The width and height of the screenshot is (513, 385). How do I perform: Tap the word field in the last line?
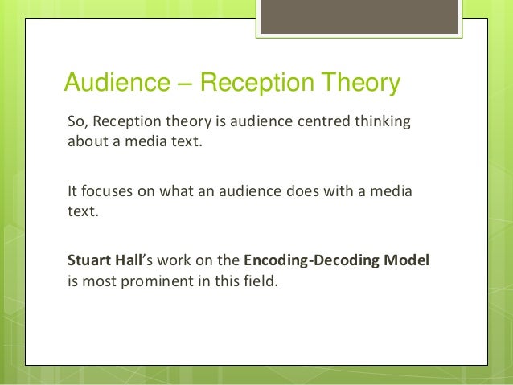[259, 282]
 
